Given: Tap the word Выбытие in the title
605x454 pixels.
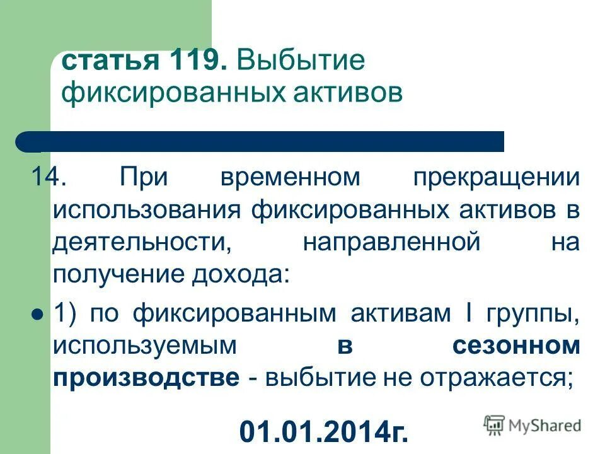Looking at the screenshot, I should pyautogui.click(x=301, y=62).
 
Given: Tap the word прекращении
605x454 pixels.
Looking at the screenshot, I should pyautogui.click(x=496, y=177).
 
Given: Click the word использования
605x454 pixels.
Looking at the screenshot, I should pyautogui.click(x=147, y=210).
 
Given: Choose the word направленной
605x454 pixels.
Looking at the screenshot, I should pyautogui.click(x=391, y=243).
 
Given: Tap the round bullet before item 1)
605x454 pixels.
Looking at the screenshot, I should pyautogui.click(x=37, y=313).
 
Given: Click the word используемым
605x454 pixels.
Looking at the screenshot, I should pyautogui.click(x=146, y=346).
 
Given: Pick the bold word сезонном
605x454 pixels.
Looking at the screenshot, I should pyautogui.click(x=515, y=346).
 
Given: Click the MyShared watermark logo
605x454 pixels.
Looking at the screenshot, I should pyautogui.click(x=533, y=425).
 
